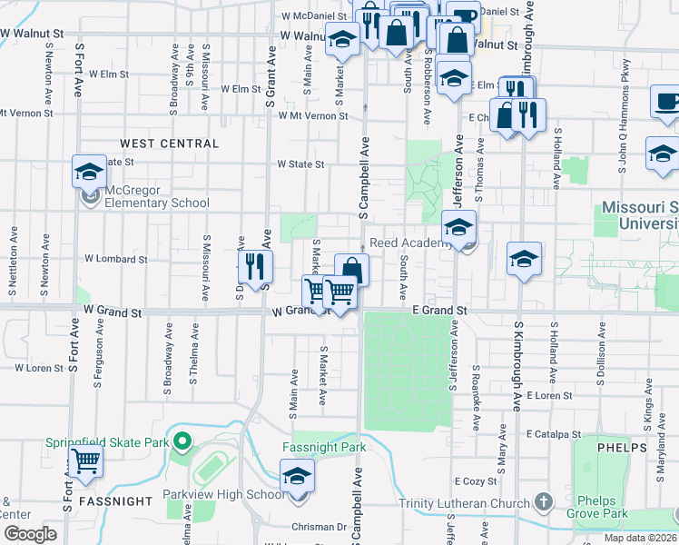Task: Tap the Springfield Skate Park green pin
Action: pyautogui.click(x=181, y=442)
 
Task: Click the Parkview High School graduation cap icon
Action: pyautogui.click(x=297, y=475)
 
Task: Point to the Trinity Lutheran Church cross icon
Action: pyautogui.click(x=543, y=501)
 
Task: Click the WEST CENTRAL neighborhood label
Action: pyautogui.click(x=169, y=144)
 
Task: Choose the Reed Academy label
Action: pyautogui.click(x=409, y=243)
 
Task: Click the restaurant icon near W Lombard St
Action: pyautogui.click(x=255, y=266)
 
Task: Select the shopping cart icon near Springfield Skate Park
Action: pyautogui.click(x=85, y=461)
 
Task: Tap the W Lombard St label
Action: pyautogui.click(x=115, y=259)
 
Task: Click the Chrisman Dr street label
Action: pyautogui.click(x=320, y=527)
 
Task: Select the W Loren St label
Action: pyautogui.click(x=40, y=369)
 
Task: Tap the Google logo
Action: pyautogui.click(x=30, y=534)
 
